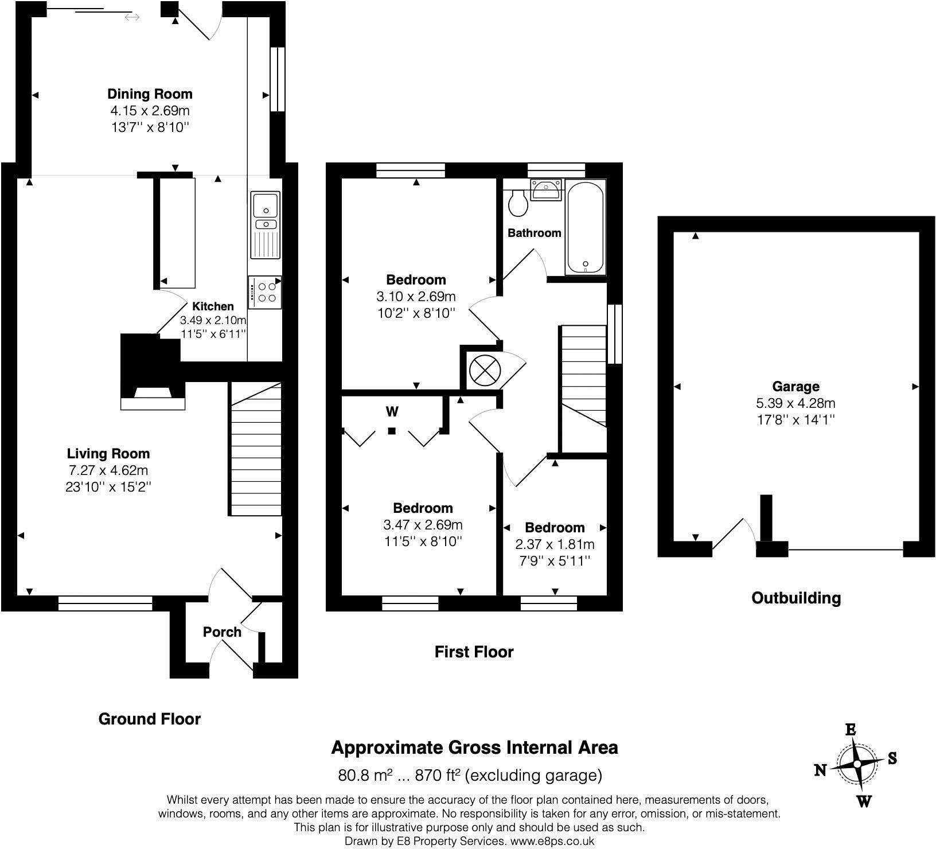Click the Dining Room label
point(150,94)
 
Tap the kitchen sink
point(266,225)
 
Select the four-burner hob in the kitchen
point(265,292)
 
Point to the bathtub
point(586,227)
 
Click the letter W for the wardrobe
point(392,411)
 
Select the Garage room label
point(795,387)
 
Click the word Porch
point(222,632)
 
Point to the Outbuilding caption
point(796,598)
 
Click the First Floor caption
point(474,652)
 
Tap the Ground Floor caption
point(150,719)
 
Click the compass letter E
point(851,730)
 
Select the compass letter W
point(864,801)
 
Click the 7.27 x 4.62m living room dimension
point(108,470)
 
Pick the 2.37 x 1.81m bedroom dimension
point(555,544)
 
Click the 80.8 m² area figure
point(365,776)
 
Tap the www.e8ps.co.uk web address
point(552,842)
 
